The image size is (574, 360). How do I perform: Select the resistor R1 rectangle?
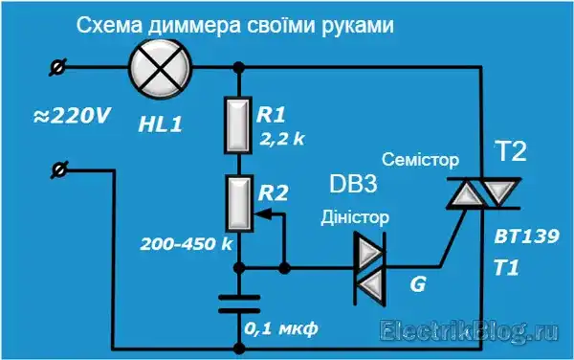[x=238, y=124]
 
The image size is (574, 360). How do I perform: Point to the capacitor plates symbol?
[x=238, y=304]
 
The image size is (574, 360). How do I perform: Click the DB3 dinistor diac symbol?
[x=366, y=263]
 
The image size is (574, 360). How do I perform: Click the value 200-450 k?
[x=187, y=243]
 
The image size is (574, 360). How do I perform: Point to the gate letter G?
[x=417, y=284]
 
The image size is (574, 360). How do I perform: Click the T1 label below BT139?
[x=506, y=270]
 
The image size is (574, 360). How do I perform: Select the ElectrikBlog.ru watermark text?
[x=469, y=331]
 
